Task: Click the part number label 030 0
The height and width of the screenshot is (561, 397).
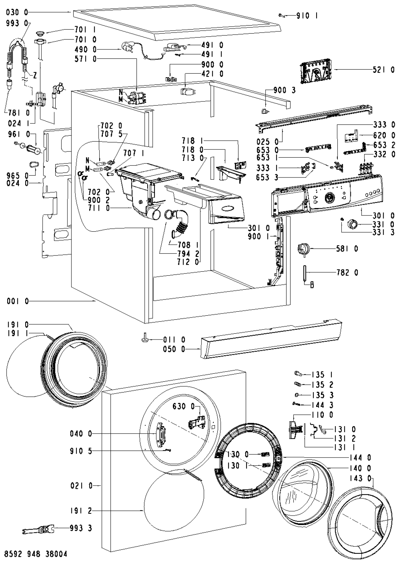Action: click(17, 12)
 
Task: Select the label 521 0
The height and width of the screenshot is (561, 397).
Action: click(383, 70)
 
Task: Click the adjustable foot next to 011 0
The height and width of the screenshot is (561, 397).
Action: click(145, 339)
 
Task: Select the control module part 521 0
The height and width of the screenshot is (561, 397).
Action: click(315, 70)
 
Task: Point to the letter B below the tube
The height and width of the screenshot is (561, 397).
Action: click(312, 285)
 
